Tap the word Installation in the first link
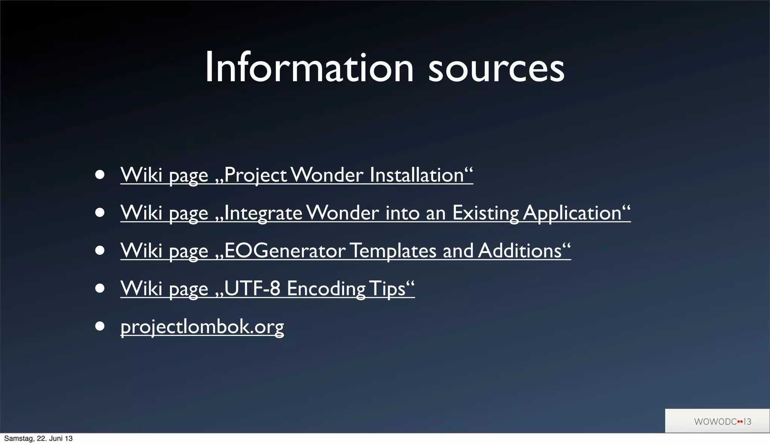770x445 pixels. pos(417,175)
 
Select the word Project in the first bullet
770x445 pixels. pos(256,176)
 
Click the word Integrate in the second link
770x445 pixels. pos(263,213)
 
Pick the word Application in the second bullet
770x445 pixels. pos(572,213)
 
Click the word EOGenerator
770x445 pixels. pos(285,251)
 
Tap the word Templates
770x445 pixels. pos(393,251)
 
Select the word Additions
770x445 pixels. pos(520,251)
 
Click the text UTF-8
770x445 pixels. pos(252,289)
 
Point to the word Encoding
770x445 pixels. pos(326,289)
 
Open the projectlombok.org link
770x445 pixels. pos(202,327)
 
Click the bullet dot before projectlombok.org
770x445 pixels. pos(100,326)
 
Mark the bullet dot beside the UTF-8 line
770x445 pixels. pos(100,288)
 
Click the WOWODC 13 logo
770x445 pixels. pos(722,422)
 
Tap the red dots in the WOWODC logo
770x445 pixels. pos(740,422)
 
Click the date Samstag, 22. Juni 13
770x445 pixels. pos(38,439)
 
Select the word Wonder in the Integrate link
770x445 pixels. pos(342,213)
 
